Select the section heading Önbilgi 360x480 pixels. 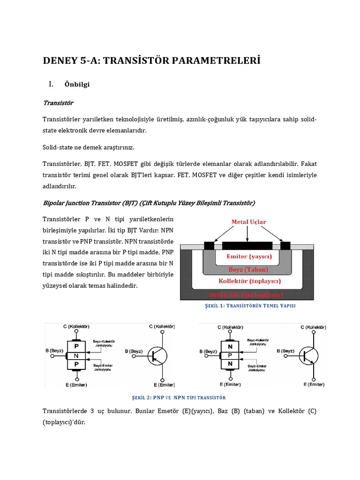(77, 85)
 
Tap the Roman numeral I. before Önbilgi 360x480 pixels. (51, 84)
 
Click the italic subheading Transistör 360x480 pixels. (58, 103)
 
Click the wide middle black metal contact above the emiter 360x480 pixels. (247, 245)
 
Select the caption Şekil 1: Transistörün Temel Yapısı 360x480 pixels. (250, 306)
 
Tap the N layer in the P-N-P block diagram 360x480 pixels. (76, 355)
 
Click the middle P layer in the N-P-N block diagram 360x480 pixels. (230, 355)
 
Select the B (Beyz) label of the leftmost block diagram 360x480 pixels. (54, 351)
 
